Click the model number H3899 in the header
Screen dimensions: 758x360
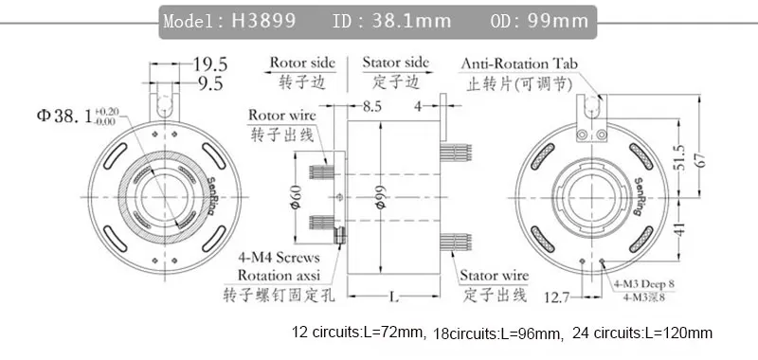click(x=263, y=21)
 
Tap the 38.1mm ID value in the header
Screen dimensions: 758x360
click(x=411, y=21)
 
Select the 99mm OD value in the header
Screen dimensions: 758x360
click(x=558, y=21)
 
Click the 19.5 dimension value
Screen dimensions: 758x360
click(x=210, y=63)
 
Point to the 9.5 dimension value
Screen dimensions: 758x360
click(x=210, y=83)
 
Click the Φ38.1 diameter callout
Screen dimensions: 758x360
click(x=77, y=116)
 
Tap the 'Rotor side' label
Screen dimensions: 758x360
click(x=302, y=63)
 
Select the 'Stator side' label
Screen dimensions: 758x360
click(x=395, y=63)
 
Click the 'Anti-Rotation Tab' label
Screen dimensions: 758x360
click(x=519, y=63)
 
